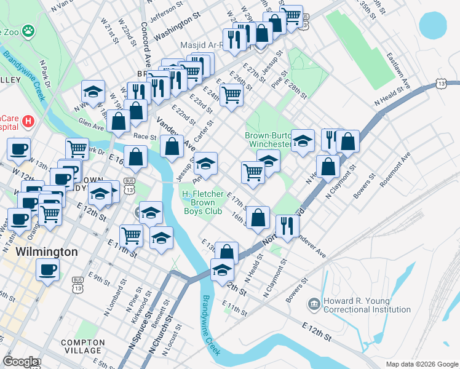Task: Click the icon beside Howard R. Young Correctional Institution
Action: click(x=314, y=304)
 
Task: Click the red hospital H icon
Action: click(x=26, y=122)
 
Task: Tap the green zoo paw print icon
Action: click(x=28, y=30)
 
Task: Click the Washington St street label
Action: click(x=177, y=28)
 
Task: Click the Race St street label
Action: click(x=145, y=137)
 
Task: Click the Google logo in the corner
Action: click(x=20, y=362)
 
